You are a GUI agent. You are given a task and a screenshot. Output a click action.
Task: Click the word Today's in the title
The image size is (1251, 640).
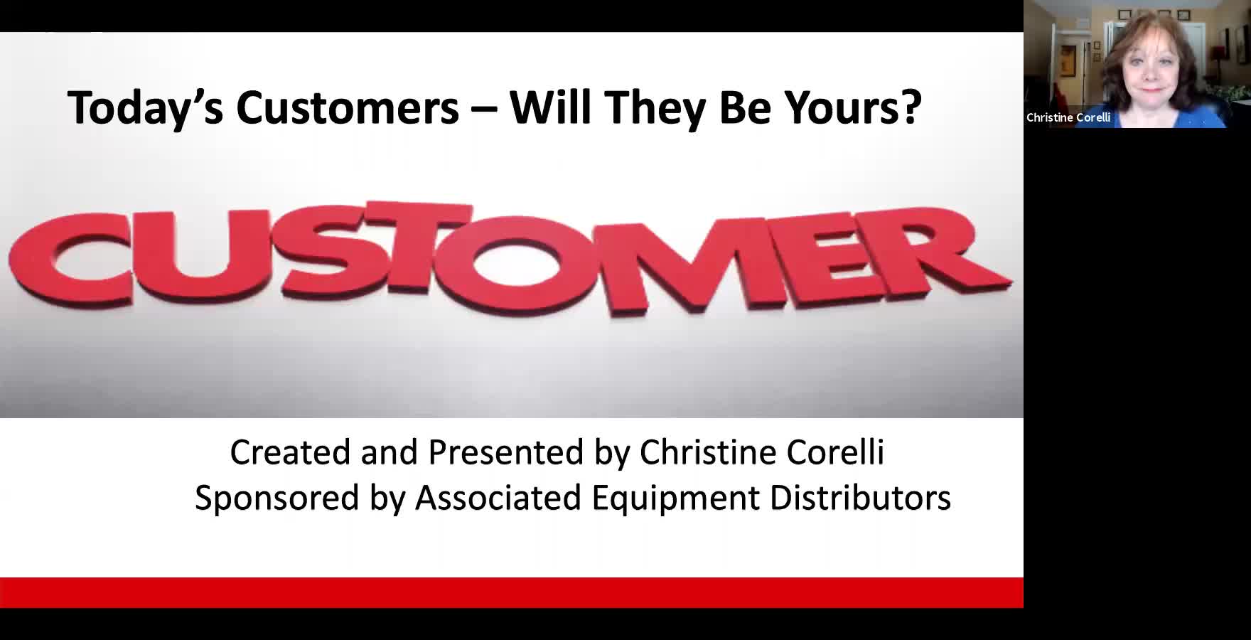coord(145,108)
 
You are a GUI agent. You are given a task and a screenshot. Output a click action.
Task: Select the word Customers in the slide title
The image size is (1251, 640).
coord(348,108)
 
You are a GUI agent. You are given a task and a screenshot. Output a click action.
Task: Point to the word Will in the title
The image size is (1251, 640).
coord(552,107)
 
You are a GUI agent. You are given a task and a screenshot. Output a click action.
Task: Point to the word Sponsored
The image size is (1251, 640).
coord(277,498)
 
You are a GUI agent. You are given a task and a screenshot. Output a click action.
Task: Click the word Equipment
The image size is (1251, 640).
coord(676,498)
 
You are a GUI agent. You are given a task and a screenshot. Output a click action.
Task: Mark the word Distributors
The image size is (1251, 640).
coord(860,497)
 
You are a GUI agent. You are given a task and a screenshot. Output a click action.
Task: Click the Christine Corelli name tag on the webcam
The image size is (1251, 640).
coord(1068,117)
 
